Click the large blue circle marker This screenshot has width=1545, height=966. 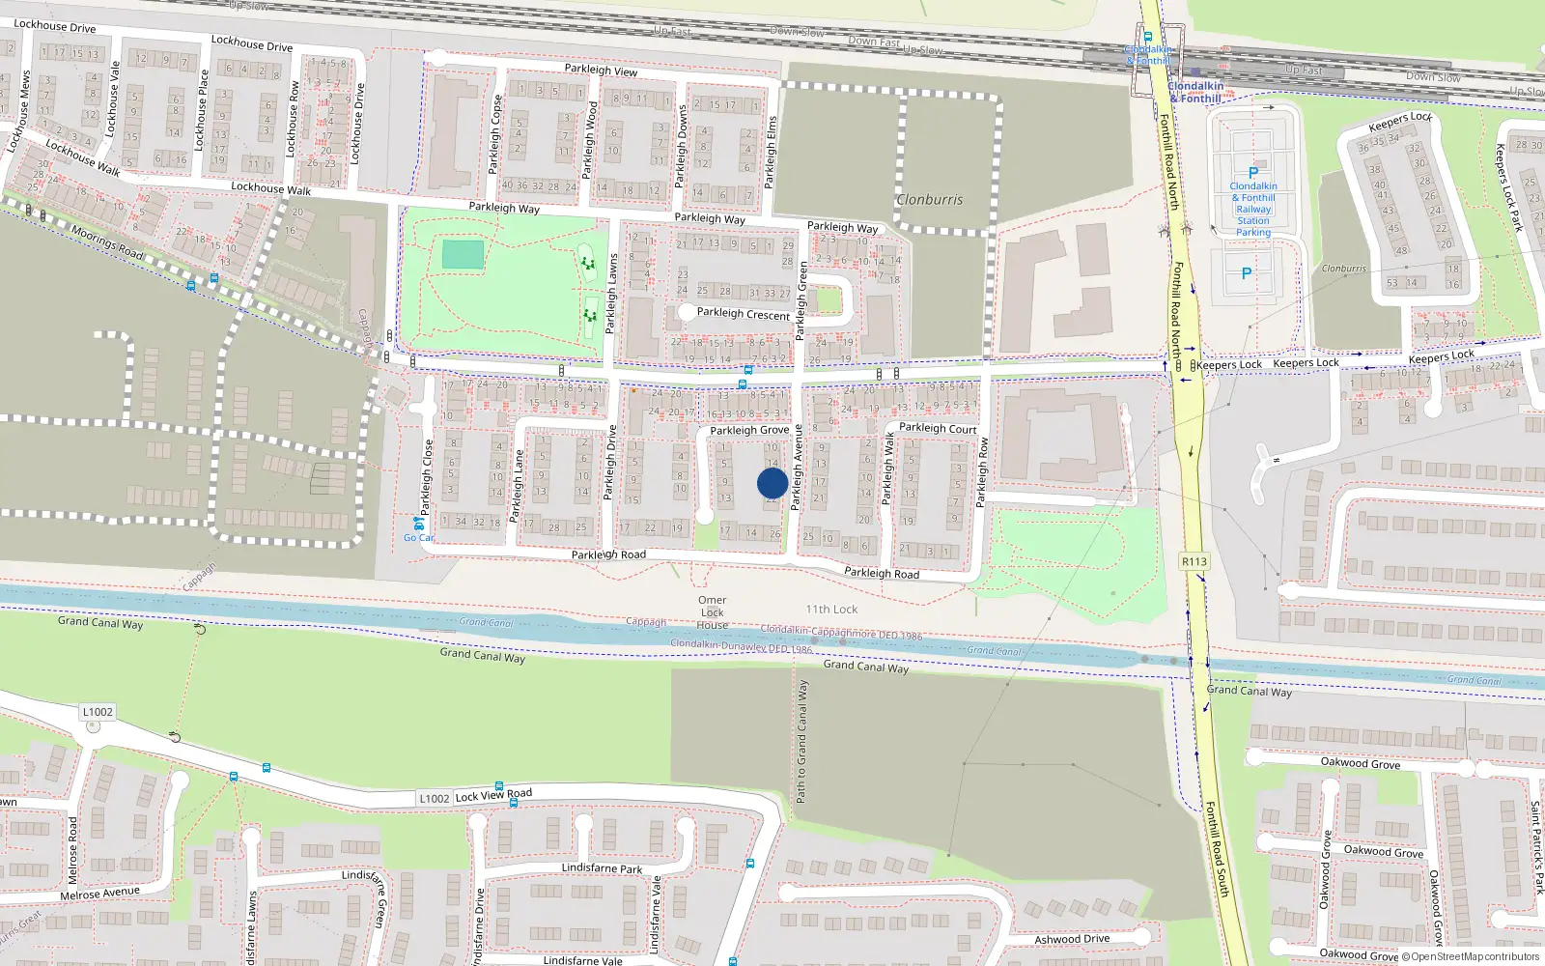click(x=772, y=483)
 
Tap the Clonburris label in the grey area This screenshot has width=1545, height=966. click(x=930, y=200)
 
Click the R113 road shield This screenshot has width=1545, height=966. click(x=1194, y=561)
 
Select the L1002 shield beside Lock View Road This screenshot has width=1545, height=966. click(x=434, y=799)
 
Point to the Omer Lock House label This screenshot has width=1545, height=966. click(x=713, y=612)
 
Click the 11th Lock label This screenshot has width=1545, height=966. click(x=831, y=610)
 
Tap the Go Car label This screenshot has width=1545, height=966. click(x=418, y=538)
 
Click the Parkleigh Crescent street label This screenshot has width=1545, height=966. click(x=744, y=314)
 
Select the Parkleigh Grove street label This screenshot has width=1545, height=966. click(x=749, y=431)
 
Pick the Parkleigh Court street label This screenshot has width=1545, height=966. click(x=938, y=428)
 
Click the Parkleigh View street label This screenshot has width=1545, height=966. click(x=601, y=71)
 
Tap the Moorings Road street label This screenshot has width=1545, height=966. click(x=107, y=242)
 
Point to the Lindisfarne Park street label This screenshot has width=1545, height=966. click(x=602, y=868)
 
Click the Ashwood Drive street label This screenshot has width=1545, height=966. click(x=1072, y=939)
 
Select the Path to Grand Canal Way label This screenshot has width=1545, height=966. click(x=801, y=742)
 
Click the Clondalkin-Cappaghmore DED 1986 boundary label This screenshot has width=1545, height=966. click(x=841, y=632)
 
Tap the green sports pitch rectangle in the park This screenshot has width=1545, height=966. click(x=463, y=255)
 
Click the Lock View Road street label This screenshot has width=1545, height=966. click(x=493, y=795)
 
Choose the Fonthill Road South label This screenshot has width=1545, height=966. click(x=1217, y=849)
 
